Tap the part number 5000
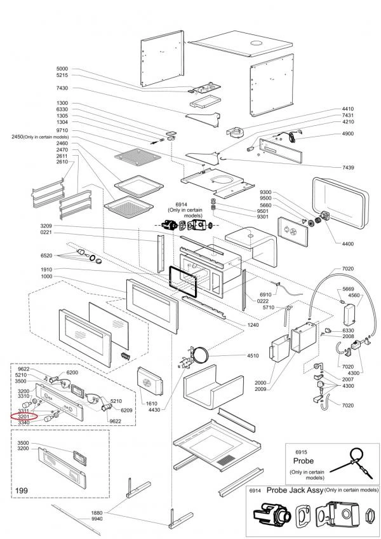coord(62,69)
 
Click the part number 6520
coord(46,255)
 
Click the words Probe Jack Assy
coord(294,490)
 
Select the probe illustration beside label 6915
coord(349,461)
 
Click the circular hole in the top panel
coord(257,43)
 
